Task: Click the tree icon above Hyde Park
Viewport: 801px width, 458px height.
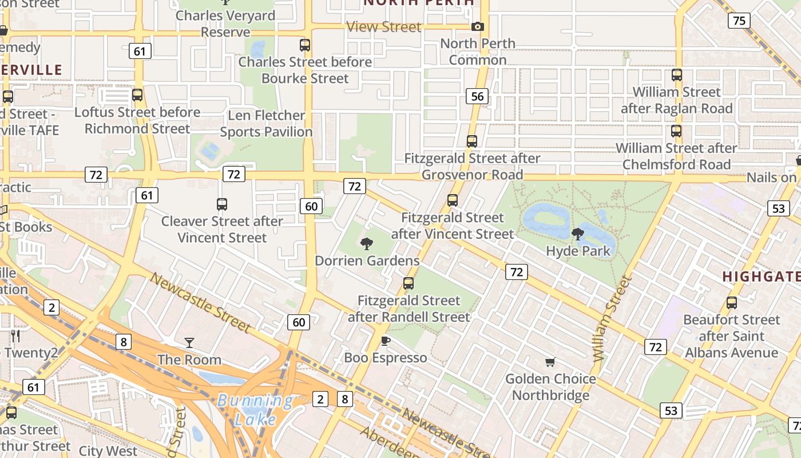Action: tap(578, 234)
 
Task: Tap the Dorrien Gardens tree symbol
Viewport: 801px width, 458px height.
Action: tap(367, 244)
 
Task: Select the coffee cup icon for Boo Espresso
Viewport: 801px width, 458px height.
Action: tap(386, 341)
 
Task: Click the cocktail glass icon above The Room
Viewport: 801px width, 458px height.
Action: tap(189, 343)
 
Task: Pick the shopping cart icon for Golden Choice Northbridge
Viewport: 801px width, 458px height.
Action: tap(550, 362)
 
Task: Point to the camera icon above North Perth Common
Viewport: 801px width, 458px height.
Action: tap(478, 27)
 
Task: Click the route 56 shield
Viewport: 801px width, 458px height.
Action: tap(477, 96)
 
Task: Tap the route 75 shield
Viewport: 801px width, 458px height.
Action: tap(739, 21)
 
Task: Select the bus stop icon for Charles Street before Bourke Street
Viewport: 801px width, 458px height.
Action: tap(305, 45)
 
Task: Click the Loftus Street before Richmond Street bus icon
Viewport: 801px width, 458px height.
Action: tap(137, 95)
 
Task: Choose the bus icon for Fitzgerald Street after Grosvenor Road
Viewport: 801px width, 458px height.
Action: tap(472, 141)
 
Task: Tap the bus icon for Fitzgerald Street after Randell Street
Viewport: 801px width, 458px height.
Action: tap(409, 283)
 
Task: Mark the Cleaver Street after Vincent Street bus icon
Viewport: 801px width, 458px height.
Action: tap(222, 204)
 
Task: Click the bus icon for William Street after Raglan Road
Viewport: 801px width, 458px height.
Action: tap(677, 75)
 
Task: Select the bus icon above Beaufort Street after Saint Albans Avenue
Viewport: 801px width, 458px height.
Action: tap(732, 303)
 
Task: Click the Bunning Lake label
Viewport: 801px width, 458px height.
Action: tap(255, 410)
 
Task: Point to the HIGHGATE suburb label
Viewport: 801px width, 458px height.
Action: tap(761, 277)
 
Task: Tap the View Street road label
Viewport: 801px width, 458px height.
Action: tap(384, 27)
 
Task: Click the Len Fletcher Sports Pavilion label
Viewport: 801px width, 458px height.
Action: tap(266, 124)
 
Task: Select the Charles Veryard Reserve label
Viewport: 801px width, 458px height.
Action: tap(226, 23)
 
